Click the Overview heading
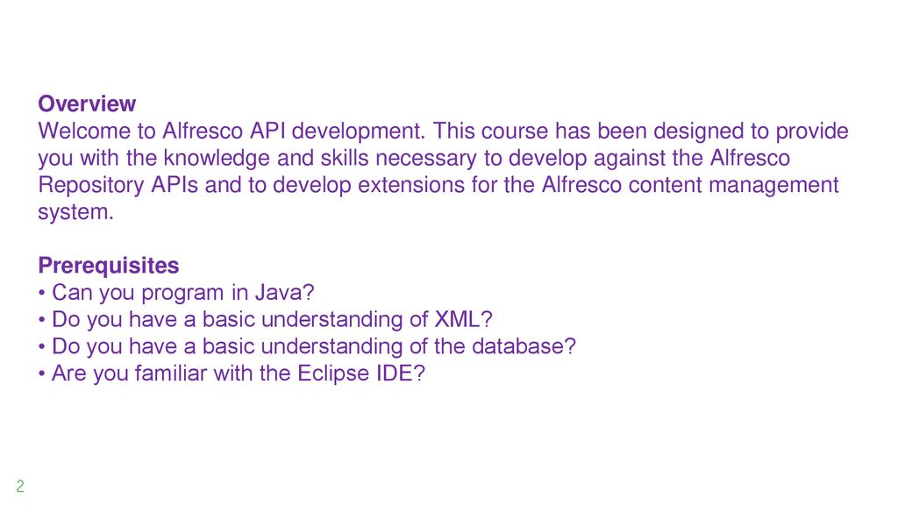click(x=87, y=103)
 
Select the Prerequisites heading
click(x=108, y=266)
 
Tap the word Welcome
click(x=84, y=132)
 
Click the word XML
click(x=457, y=319)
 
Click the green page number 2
click(x=20, y=486)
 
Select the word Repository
click(x=90, y=186)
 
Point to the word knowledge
click(x=217, y=159)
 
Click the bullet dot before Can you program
click(x=42, y=293)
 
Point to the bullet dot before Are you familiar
click(x=42, y=373)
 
